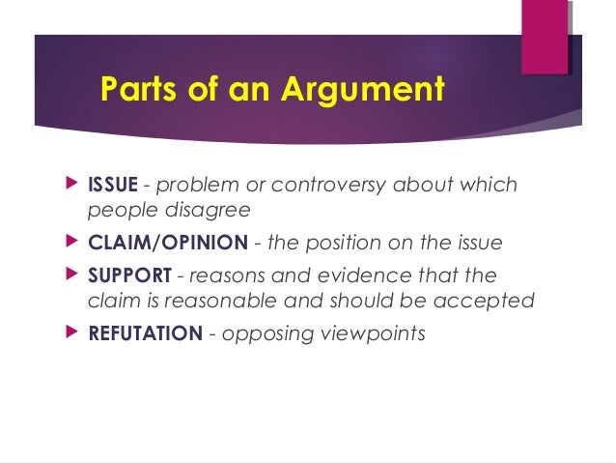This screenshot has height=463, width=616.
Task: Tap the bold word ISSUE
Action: pos(112,185)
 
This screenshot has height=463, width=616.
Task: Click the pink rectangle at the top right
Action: pos(545,37)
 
